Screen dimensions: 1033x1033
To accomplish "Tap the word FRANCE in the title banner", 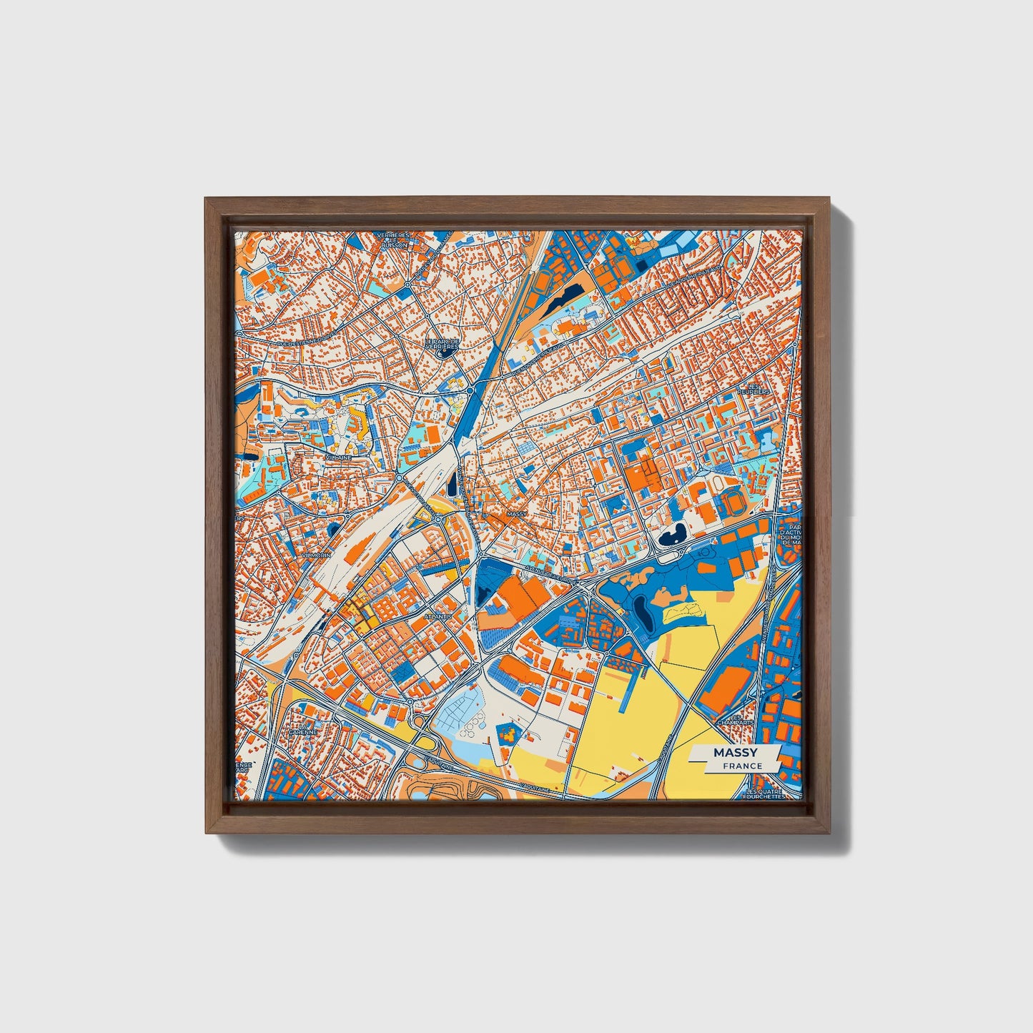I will (742, 766).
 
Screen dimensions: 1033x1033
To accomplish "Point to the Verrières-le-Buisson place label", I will (395, 239).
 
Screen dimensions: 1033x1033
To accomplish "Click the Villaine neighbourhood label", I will (338, 457).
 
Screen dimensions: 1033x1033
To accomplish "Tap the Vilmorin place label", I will (316, 555).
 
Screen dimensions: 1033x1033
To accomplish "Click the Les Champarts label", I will (741, 720).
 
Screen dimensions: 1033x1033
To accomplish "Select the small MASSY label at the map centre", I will (515, 514).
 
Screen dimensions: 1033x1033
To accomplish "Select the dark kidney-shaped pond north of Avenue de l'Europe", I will (672, 535).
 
